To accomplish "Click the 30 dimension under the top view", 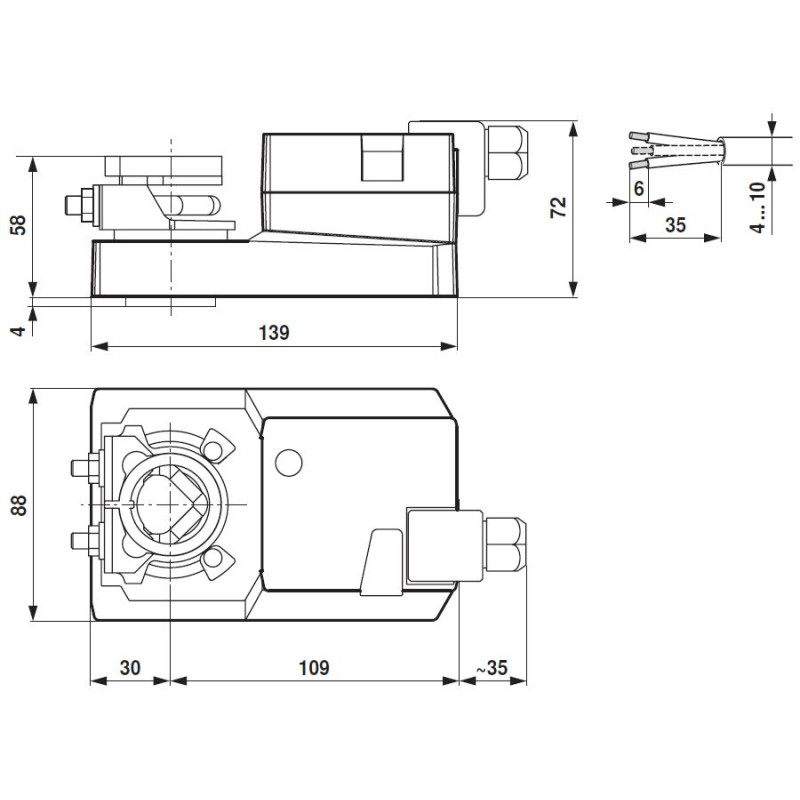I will (129, 666).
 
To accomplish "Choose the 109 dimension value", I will (313, 666).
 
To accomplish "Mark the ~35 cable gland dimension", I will (491, 666).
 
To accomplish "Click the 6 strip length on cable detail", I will (638, 187).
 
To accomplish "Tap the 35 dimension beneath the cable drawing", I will (675, 225).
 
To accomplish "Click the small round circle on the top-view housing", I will (289, 462).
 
